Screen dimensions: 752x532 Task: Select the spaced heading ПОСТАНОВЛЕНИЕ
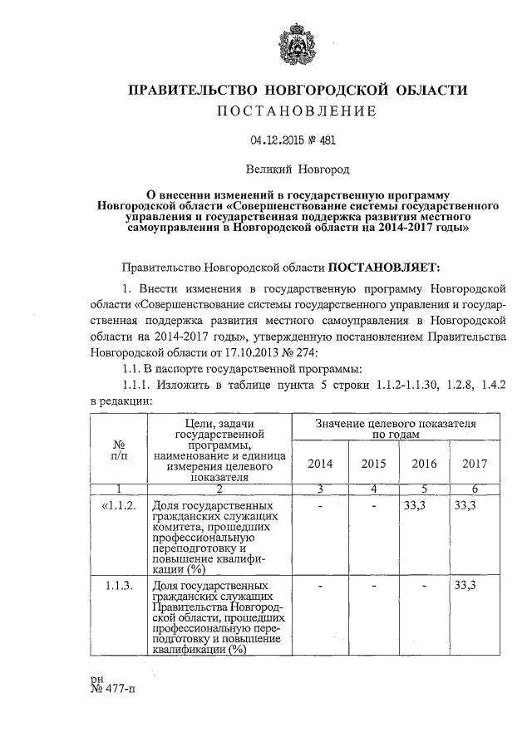[295, 111]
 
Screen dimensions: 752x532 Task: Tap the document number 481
[328, 141]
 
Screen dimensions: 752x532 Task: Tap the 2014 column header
[319, 463]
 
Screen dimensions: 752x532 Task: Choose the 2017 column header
[475, 463]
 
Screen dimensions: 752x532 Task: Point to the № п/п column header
[118, 450]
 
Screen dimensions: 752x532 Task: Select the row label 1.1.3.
[120, 586]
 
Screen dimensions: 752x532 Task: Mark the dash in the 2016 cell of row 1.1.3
[425, 586]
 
